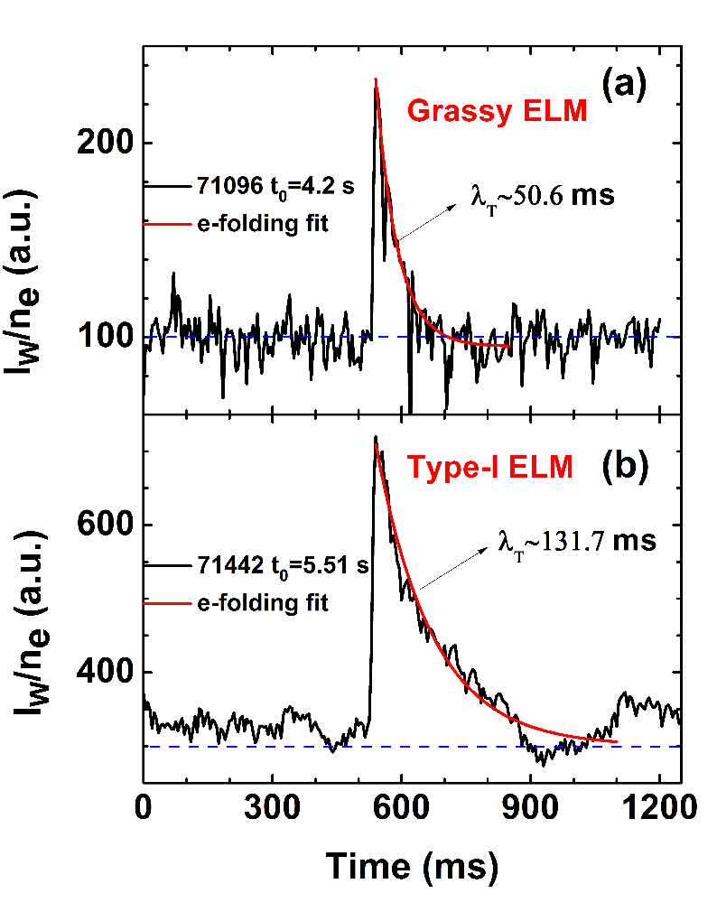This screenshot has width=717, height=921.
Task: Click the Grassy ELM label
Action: (498, 112)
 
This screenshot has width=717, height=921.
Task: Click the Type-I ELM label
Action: (489, 467)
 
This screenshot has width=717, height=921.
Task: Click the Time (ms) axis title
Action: (412, 866)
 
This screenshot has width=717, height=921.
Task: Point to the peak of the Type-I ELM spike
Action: (375, 438)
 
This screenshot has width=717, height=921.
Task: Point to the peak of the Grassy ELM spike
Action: (376, 80)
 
